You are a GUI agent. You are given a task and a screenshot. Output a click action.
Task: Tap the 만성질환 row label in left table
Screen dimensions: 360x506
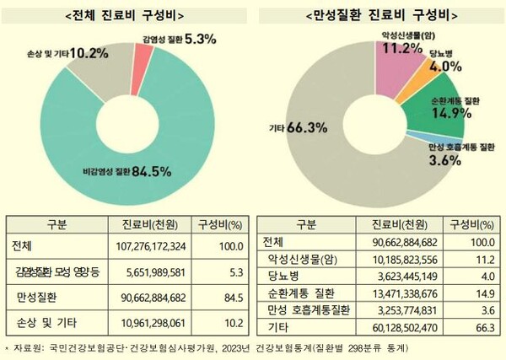(37, 297)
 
